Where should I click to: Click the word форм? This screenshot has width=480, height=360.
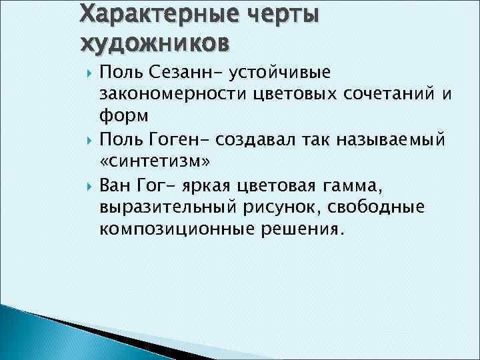pyautogui.click(x=123, y=116)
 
